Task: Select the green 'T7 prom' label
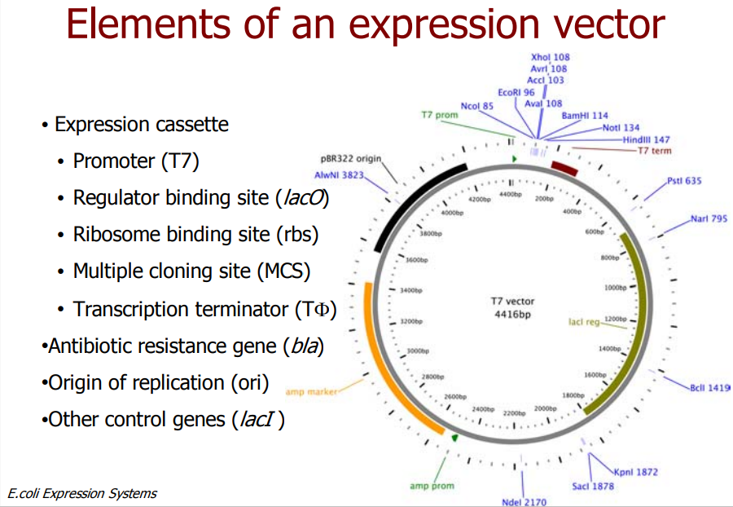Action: pyautogui.click(x=440, y=115)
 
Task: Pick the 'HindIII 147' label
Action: pyautogui.click(x=646, y=139)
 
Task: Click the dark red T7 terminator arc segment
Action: pyautogui.click(x=564, y=168)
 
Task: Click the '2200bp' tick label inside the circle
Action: pyautogui.click(x=514, y=413)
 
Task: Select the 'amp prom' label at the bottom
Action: pyautogui.click(x=432, y=487)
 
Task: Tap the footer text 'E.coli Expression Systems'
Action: pyautogui.click(x=81, y=493)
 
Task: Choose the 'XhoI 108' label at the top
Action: pyautogui.click(x=550, y=58)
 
